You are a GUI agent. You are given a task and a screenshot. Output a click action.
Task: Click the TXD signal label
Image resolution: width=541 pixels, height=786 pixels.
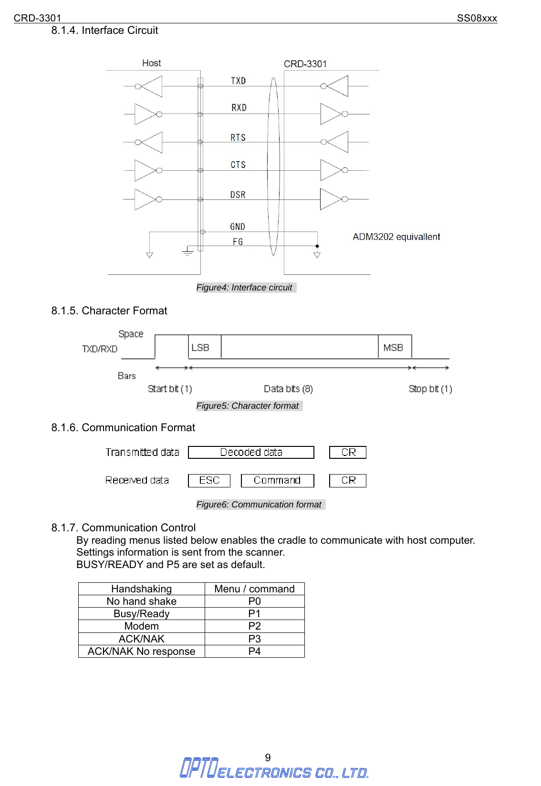[238, 81]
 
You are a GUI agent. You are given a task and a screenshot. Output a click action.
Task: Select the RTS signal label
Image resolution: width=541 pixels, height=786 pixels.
[238, 138]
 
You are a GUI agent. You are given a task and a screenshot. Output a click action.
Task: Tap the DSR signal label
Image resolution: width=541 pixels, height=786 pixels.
[238, 195]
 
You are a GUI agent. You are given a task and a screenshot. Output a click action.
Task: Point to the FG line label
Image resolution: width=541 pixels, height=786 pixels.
[238, 242]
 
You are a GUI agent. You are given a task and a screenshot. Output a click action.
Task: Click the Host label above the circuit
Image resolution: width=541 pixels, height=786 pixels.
[151, 63]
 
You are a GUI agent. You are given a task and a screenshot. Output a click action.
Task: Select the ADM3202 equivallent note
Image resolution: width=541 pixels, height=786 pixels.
[396, 237]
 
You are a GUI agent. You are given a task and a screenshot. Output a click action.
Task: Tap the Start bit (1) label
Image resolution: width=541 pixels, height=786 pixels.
[170, 389]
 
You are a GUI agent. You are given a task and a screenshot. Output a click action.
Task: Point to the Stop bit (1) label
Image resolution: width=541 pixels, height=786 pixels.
[430, 389]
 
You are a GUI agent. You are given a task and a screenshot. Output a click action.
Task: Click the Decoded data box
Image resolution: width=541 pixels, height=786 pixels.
[251, 452]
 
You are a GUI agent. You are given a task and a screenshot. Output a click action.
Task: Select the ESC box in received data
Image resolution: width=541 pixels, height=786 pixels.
[209, 480]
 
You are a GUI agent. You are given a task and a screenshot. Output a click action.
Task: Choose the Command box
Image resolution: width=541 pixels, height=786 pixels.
[277, 480]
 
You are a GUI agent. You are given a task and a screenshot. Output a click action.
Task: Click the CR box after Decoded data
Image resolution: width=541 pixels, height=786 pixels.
[348, 452]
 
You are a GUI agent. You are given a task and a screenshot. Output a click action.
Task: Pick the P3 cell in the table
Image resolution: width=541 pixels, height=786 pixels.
[254, 639]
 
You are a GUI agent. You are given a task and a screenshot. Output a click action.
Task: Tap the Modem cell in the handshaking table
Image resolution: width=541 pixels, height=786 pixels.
[141, 626]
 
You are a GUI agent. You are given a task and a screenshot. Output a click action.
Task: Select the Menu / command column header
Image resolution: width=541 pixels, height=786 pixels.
[254, 589]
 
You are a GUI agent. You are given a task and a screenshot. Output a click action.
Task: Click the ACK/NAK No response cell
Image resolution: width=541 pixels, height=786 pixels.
[141, 652]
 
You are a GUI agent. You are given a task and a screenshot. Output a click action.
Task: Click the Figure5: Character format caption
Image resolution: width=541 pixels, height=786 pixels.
[248, 406]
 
